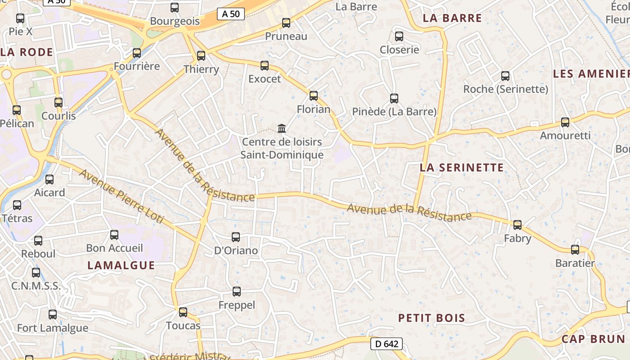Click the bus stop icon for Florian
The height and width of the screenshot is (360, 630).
pyautogui.click(x=314, y=95)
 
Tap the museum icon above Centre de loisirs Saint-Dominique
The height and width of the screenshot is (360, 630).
pyautogui.click(x=282, y=129)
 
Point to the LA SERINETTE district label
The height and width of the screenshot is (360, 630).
pyautogui.click(x=462, y=168)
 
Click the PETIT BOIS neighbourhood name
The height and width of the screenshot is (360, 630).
pyautogui.click(x=432, y=318)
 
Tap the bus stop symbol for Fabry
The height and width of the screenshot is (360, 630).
pyautogui.click(x=517, y=225)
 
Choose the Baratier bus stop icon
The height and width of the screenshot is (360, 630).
pyautogui.click(x=575, y=249)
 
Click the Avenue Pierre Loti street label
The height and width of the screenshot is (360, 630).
pyautogui.click(x=121, y=197)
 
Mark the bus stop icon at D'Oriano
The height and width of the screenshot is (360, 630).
pyautogui.click(x=236, y=237)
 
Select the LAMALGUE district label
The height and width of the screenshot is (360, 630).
pyautogui.click(x=121, y=265)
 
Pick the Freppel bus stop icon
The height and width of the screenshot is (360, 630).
pyautogui.click(x=237, y=291)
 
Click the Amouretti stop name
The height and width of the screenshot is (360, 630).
pyautogui.click(x=565, y=135)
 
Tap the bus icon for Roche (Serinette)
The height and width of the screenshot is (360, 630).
pyautogui.click(x=505, y=76)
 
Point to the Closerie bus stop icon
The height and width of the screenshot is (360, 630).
pyautogui.click(x=399, y=36)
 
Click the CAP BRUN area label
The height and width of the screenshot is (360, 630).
pyautogui.click(x=593, y=339)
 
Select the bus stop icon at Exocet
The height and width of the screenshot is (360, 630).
pyautogui.click(x=265, y=65)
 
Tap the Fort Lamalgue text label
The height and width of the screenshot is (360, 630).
pyautogui.click(x=53, y=328)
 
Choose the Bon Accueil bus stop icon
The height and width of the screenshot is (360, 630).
pyautogui.click(x=114, y=234)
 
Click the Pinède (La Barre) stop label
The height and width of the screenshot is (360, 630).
pyautogui.click(x=394, y=112)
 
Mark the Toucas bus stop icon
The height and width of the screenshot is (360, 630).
pyautogui.click(x=183, y=312)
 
